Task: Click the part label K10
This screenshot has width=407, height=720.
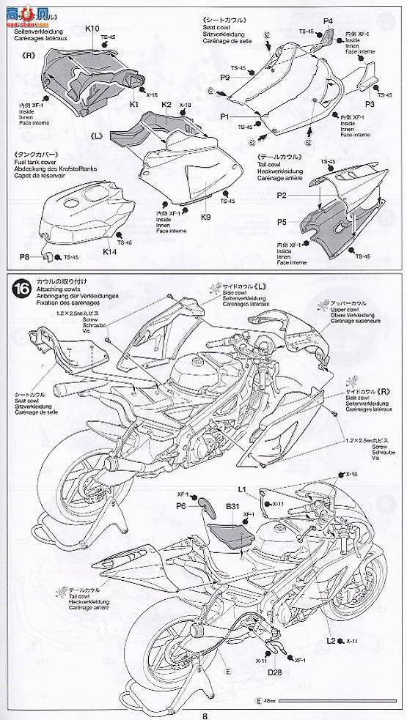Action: tap(92, 28)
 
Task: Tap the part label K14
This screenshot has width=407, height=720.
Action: tap(110, 251)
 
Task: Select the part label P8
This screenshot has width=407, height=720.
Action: tap(25, 257)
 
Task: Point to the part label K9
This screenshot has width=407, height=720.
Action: tap(206, 217)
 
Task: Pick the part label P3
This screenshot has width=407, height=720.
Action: tap(370, 105)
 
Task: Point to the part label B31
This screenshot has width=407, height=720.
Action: tap(233, 506)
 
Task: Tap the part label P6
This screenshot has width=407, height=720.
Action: tap(181, 505)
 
